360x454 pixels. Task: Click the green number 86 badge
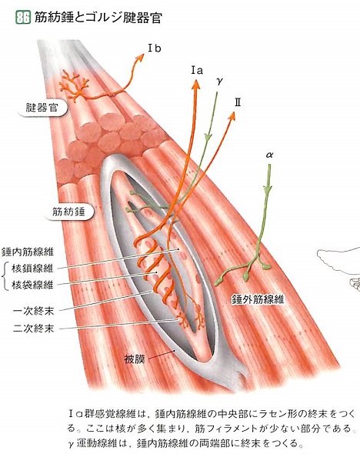(x=23, y=18)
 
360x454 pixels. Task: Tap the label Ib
(x=155, y=48)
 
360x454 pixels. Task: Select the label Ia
(x=197, y=70)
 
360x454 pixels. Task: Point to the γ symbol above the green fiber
(x=220, y=82)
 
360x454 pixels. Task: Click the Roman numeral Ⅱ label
(x=238, y=102)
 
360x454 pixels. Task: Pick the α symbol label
(x=269, y=155)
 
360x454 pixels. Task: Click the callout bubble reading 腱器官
(x=42, y=108)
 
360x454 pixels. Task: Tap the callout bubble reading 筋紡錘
(x=68, y=212)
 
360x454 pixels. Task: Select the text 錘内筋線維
(x=28, y=252)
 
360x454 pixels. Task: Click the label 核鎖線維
(x=32, y=269)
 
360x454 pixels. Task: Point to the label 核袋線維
(x=32, y=285)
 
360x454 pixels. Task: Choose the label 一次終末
(x=34, y=311)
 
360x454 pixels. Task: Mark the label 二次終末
(x=34, y=329)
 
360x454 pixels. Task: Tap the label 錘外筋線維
(x=258, y=299)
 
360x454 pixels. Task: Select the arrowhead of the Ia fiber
(x=196, y=84)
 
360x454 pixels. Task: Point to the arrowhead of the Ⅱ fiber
(x=232, y=116)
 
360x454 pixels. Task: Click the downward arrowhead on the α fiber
(x=268, y=189)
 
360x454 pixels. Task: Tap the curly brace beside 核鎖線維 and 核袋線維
(x=5, y=277)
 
